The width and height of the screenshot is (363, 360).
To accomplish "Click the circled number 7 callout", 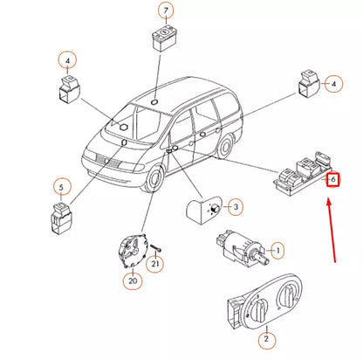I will [x=165, y=10].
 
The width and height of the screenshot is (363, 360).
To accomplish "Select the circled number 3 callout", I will [x=234, y=207].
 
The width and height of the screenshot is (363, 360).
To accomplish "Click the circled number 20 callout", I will [x=133, y=280].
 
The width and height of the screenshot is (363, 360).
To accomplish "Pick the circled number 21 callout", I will [x=156, y=264].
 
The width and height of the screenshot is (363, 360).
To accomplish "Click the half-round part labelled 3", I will [x=203, y=210].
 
